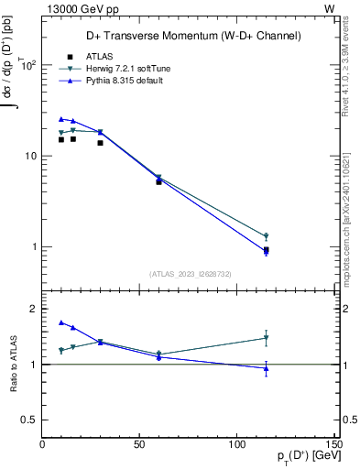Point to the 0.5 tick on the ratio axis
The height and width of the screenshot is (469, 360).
pos(31,420)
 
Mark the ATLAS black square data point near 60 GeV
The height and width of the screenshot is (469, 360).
pos(158,181)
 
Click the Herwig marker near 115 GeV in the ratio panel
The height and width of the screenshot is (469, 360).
pos(266,338)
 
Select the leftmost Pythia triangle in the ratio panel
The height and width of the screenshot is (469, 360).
pos(61,322)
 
